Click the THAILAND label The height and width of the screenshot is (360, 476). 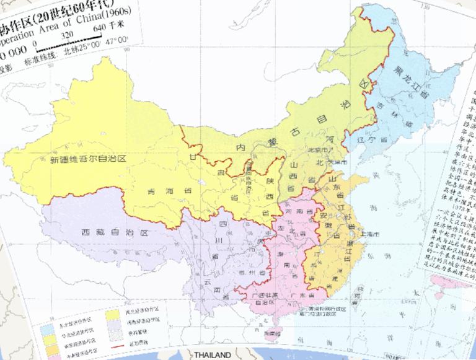[211, 355]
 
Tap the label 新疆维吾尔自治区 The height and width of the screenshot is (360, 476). [87, 159]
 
